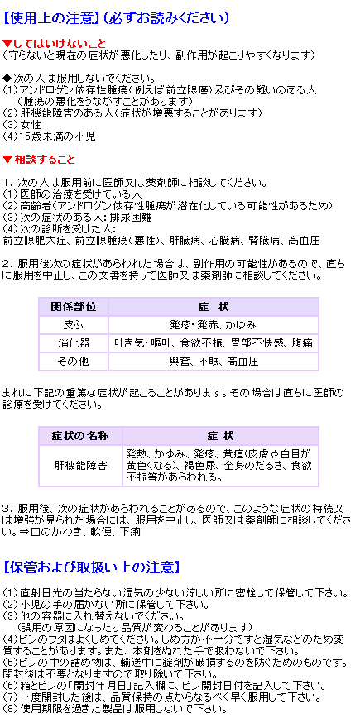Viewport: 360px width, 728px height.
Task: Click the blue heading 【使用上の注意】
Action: [x=50, y=18]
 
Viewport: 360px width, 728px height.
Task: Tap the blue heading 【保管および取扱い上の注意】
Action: [x=91, y=567]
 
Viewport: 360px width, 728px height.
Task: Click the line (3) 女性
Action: [x=22, y=125]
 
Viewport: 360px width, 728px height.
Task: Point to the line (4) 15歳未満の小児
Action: [x=49, y=136]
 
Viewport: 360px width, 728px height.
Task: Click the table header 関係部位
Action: [x=74, y=307]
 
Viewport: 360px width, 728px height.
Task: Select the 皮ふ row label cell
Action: [x=74, y=325]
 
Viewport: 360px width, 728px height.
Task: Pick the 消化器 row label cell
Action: [x=74, y=343]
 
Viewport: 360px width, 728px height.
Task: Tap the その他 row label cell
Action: [x=74, y=362]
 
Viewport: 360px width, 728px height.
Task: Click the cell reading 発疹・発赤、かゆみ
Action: [x=214, y=325]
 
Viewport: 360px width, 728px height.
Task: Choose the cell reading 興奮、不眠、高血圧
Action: [x=214, y=362]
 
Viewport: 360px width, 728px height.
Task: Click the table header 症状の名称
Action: [x=80, y=436]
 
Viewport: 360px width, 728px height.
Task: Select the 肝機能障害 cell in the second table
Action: [x=80, y=466]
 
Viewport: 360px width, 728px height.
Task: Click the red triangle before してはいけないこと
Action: [x=6, y=44]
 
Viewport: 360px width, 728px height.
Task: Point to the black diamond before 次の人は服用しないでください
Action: [x=6, y=77]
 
